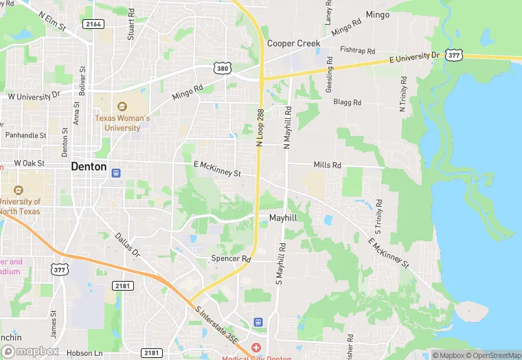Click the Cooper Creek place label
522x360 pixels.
(x=293, y=43)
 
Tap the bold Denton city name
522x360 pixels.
(x=89, y=166)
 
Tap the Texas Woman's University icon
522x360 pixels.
(x=122, y=106)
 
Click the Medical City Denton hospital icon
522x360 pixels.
(x=256, y=348)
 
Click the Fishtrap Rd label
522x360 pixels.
(x=357, y=51)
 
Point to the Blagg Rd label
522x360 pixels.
(x=347, y=102)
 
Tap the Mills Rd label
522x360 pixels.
(x=327, y=165)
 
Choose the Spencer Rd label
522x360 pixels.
(x=231, y=259)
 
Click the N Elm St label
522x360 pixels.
(x=52, y=21)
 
